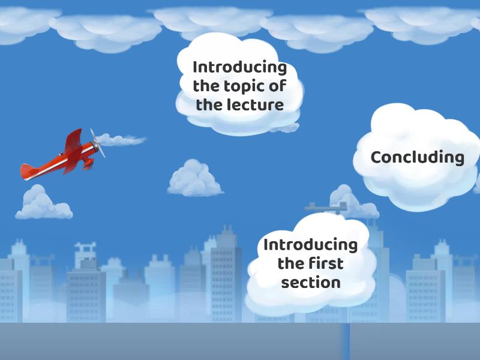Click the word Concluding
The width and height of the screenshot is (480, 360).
(417, 158)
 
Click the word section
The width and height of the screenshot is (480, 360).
(311, 282)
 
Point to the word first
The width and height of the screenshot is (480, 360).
(328, 263)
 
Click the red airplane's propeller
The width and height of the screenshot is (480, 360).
(97, 143)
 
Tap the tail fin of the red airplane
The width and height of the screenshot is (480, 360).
(28, 171)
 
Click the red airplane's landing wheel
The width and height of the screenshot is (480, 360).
(88, 163)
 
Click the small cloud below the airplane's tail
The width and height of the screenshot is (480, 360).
(42, 204)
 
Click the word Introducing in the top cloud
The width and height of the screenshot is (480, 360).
(239, 67)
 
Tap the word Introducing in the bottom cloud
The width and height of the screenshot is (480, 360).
(310, 245)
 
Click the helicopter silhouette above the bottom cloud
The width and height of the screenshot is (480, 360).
(327, 208)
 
